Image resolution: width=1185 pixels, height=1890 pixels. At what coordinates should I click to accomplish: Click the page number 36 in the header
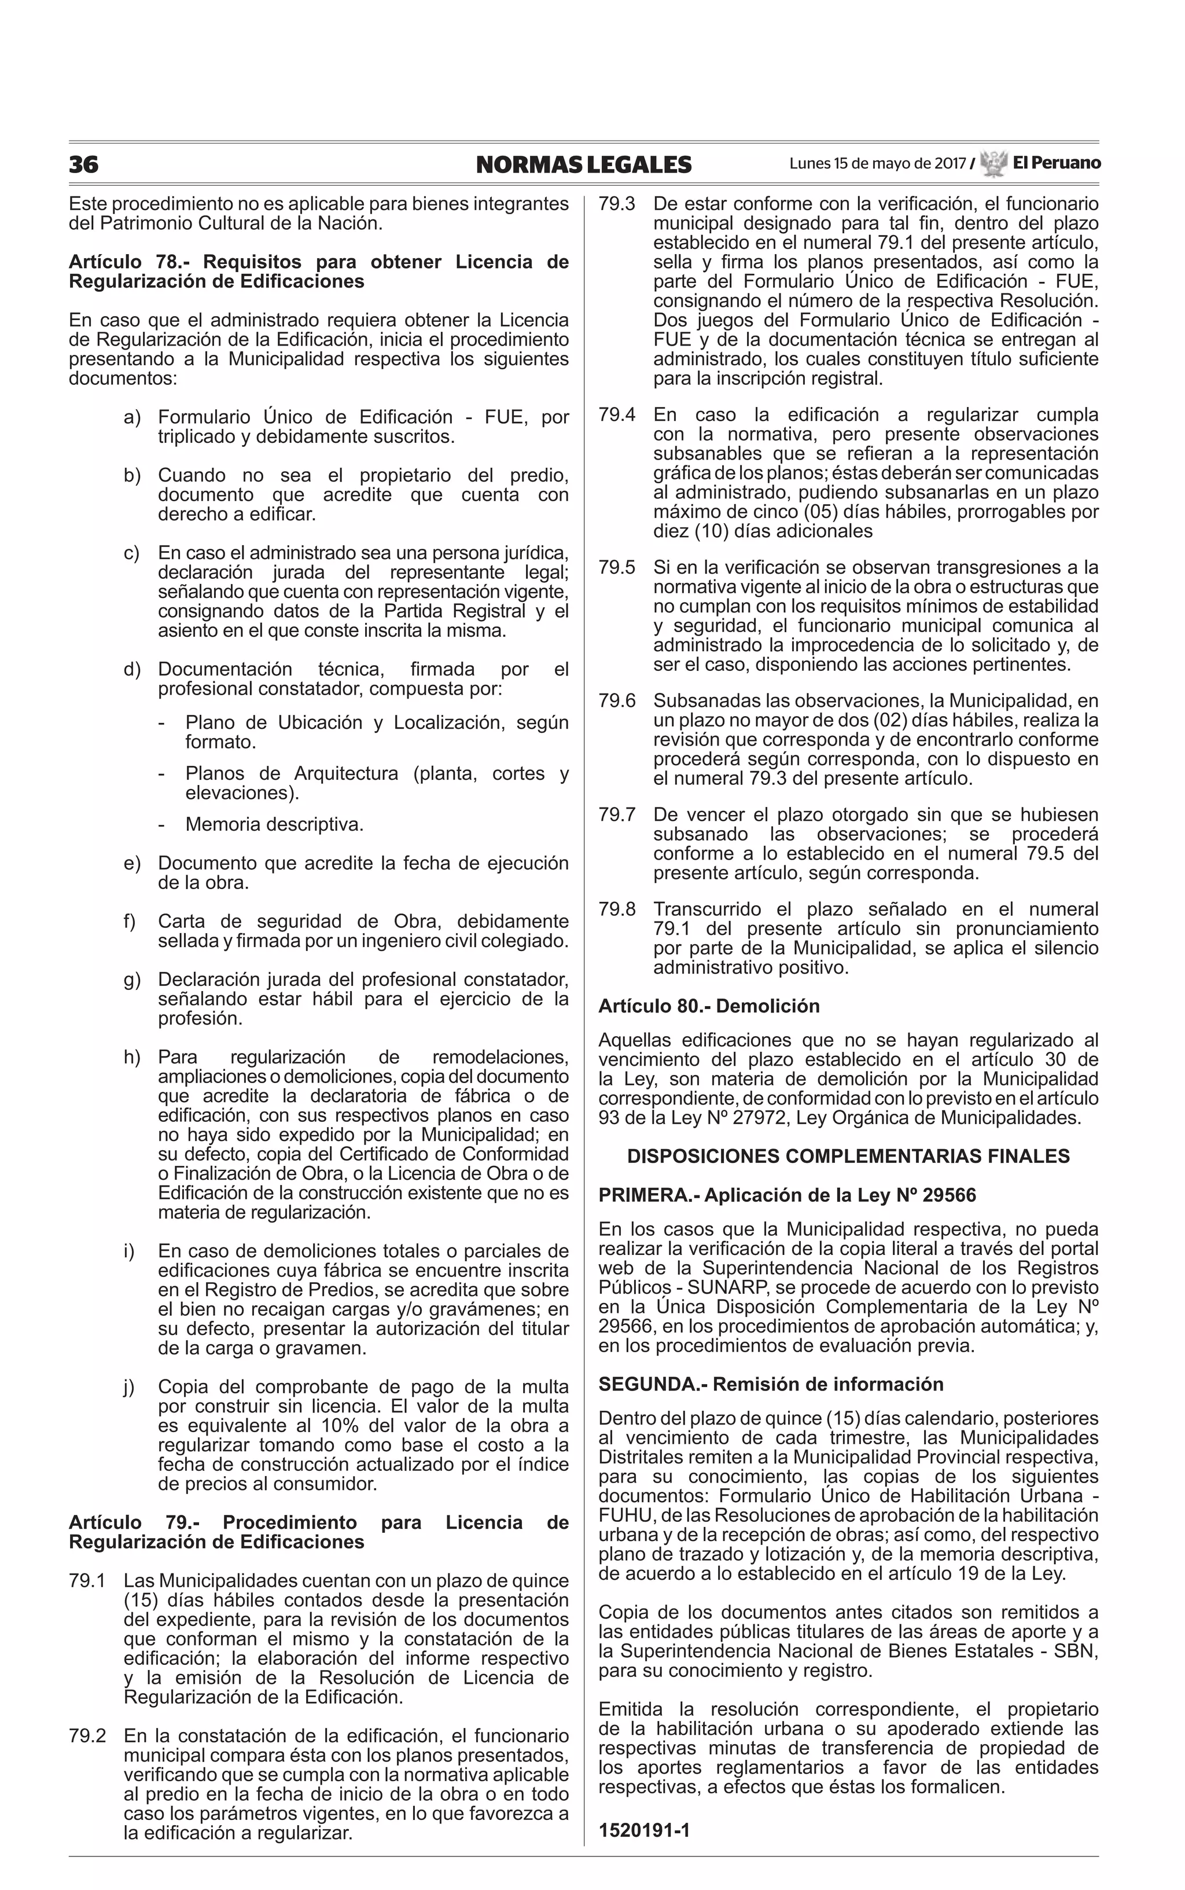[x=84, y=164]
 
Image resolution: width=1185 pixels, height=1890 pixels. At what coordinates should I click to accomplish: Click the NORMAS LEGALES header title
[x=584, y=164]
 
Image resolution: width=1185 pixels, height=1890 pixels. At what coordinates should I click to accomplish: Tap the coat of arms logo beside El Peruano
[x=993, y=164]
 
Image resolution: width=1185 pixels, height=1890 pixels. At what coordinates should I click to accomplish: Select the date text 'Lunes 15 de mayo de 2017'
[x=877, y=164]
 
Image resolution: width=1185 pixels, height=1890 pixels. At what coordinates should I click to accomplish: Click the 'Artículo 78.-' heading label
[x=128, y=262]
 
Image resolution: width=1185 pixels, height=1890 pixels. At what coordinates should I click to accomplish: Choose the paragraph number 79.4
[x=617, y=414]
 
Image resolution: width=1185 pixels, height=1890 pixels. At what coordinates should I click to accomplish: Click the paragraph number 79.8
[x=617, y=909]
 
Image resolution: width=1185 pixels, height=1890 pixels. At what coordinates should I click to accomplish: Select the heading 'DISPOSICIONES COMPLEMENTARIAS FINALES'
[x=848, y=1156]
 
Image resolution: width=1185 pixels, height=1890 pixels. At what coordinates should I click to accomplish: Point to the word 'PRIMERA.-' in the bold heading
[x=647, y=1195]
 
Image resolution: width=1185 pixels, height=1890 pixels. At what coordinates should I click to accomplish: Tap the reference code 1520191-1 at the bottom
[x=643, y=1831]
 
